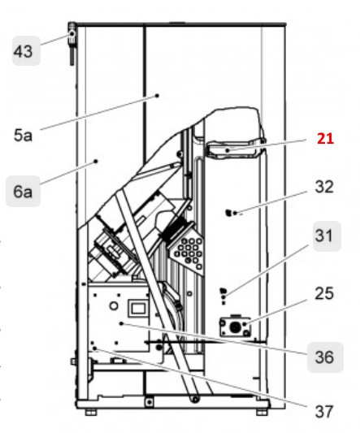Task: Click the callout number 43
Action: coord(24,53)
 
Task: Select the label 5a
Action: coord(24,137)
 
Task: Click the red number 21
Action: coord(325,139)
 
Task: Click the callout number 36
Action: coord(324,356)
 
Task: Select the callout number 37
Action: coord(323,410)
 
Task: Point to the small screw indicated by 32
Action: coord(229,213)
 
